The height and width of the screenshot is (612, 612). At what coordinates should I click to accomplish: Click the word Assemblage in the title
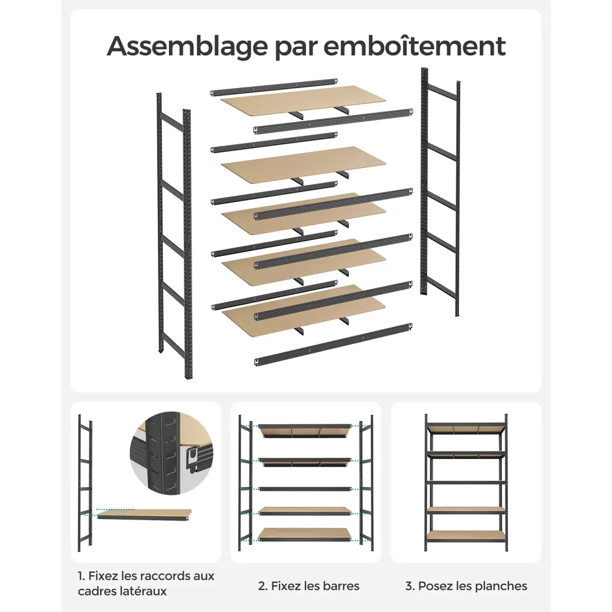coord(187,47)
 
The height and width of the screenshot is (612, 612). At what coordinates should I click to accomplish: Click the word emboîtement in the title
coord(414,46)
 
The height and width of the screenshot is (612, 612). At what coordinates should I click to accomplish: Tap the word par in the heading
coord(295,48)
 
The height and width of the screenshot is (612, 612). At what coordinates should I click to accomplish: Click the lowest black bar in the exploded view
coord(334,345)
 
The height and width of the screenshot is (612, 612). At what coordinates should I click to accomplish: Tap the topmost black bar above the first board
coord(274,88)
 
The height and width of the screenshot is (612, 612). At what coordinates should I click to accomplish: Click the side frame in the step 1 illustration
coord(84,483)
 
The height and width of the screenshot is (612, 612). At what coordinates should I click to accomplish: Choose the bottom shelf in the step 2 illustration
coord(305,535)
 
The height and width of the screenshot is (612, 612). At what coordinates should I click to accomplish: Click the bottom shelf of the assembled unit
coord(466,536)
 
